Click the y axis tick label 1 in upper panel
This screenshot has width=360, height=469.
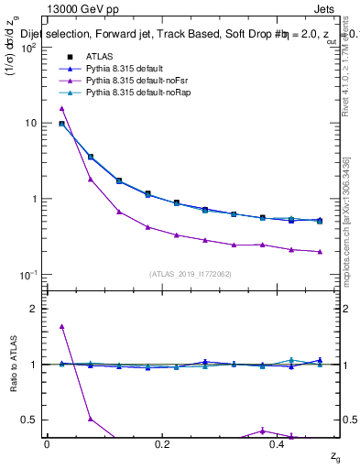coord(37,199)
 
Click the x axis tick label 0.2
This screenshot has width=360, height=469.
coord(162,443)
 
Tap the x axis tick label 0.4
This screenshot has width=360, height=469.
coord(277,443)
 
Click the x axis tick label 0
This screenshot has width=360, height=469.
coord(48,443)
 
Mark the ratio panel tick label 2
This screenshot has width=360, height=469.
coord(37,309)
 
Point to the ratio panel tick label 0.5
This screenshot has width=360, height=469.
coord(33,420)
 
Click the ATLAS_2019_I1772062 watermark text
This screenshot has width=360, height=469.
coord(190,274)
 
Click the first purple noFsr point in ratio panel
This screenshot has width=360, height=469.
coord(61,326)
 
